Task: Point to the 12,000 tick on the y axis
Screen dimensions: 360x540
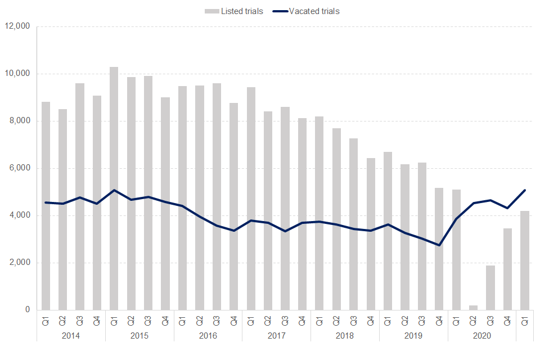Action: [19, 26]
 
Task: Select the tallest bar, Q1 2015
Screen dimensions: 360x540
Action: [114, 188]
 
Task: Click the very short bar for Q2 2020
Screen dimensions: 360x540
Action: [473, 308]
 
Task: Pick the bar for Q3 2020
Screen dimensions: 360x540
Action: [490, 287]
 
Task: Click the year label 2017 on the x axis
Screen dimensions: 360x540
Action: [276, 336]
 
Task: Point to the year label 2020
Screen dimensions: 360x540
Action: [482, 336]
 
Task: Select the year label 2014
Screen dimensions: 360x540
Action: [70, 336]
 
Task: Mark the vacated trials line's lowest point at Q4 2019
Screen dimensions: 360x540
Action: [439, 245]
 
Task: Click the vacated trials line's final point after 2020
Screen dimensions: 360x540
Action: [525, 190]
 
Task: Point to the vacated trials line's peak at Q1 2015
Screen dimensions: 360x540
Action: [114, 190]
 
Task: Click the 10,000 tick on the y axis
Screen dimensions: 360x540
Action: [19, 74]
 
